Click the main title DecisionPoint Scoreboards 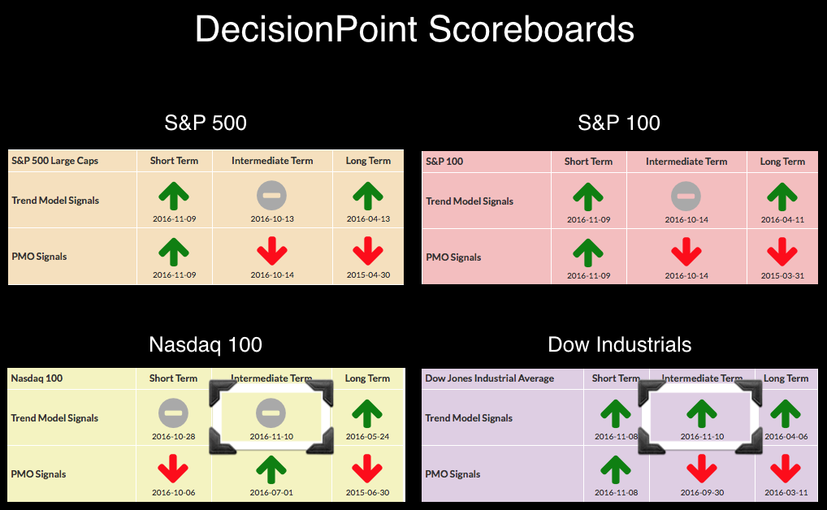coord(414,29)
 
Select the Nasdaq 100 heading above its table coord(206,344)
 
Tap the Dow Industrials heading coord(619,344)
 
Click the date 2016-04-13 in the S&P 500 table coord(368,219)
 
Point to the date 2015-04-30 coord(368,274)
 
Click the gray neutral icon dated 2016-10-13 coord(271,195)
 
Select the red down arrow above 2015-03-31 coord(782,252)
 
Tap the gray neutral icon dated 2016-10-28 coord(173,413)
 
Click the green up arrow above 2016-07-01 coord(271,469)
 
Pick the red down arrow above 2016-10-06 coord(173,469)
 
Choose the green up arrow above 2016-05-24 coord(367,413)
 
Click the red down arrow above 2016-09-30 coord(701,469)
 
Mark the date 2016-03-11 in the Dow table coord(786,493)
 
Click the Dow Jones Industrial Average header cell coord(489,378)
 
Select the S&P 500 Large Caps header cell coord(55,161)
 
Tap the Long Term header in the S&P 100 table coord(782,162)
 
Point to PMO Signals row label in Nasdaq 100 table coord(38,474)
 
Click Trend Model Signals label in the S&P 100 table coord(470,201)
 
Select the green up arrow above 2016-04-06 coord(786,413)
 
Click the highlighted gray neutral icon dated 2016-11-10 coord(271,413)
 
